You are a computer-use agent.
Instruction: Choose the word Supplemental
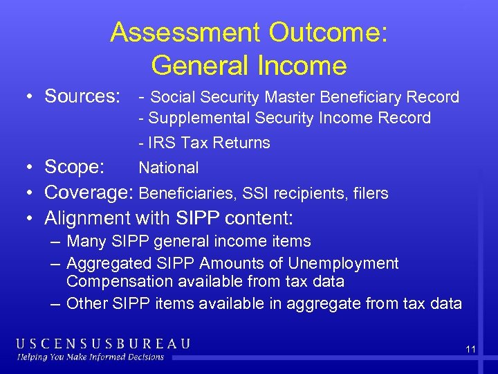(199, 118)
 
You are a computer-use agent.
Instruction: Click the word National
(168, 168)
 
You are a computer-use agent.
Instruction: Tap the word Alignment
(86, 219)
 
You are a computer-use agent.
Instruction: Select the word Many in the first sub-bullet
(86, 242)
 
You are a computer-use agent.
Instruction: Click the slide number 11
(470, 350)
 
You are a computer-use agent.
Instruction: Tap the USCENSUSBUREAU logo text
(104, 344)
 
